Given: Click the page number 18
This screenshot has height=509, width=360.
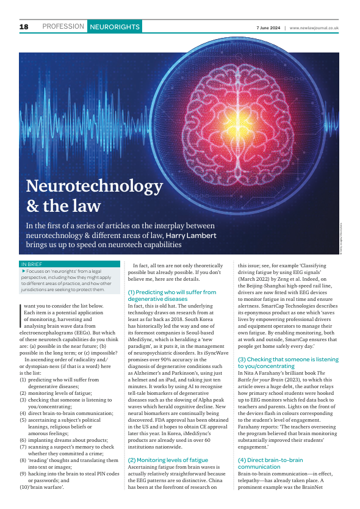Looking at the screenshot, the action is point(24,27).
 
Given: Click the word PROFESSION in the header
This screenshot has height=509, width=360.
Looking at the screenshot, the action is point(63,27).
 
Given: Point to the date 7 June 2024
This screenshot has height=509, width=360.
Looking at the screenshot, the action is point(268,27).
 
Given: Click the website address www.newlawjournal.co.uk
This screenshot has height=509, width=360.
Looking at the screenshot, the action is point(314,27).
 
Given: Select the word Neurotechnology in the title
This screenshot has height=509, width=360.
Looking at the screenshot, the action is point(94,186).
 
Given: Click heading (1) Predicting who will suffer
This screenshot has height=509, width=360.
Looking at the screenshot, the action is point(172,292).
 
